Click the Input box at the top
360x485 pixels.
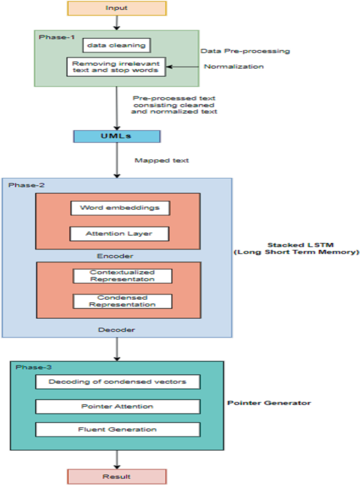pos(117,8)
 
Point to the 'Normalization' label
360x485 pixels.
pos(234,67)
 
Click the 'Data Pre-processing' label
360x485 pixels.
pos(245,52)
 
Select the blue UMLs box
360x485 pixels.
pos(117,136)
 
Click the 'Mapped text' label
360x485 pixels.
pos(161,160)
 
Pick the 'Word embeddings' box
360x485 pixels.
pos(120,207)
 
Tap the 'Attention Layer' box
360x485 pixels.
pos(120,233)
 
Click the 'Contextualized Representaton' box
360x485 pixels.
pos(122,276)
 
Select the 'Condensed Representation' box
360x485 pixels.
pos(122,301)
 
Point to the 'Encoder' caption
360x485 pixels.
pos(117,256)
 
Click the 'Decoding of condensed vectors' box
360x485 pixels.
pos(118,381)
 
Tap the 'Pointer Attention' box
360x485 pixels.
pos(118,407)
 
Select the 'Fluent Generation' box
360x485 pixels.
pos(118,429)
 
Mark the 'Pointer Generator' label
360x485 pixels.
pos(269,403)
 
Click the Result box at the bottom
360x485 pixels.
pos(117,477)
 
